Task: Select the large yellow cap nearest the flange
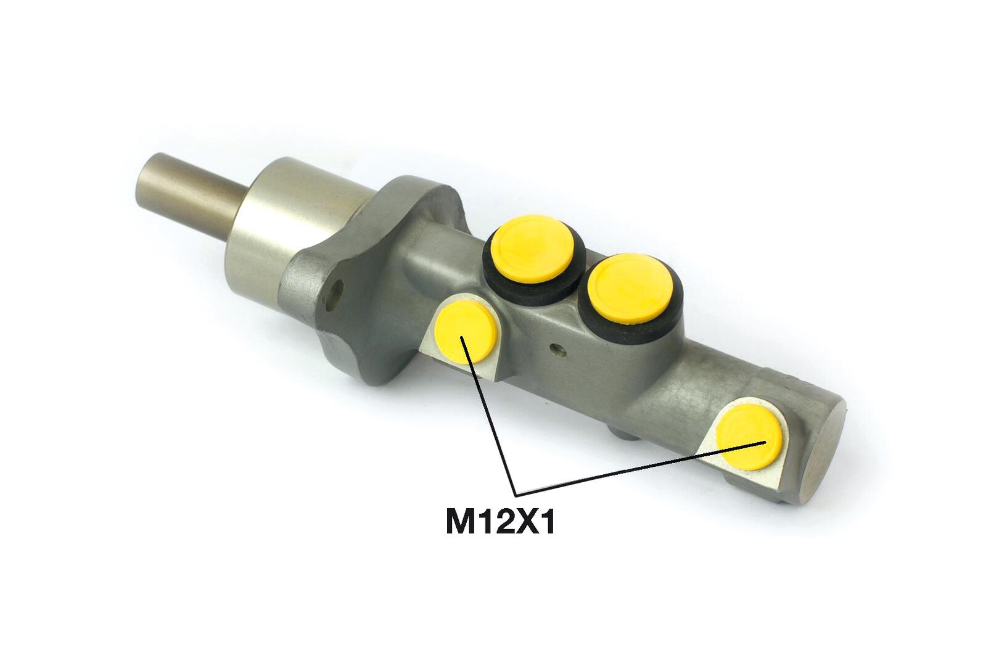[x=533, y=249]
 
